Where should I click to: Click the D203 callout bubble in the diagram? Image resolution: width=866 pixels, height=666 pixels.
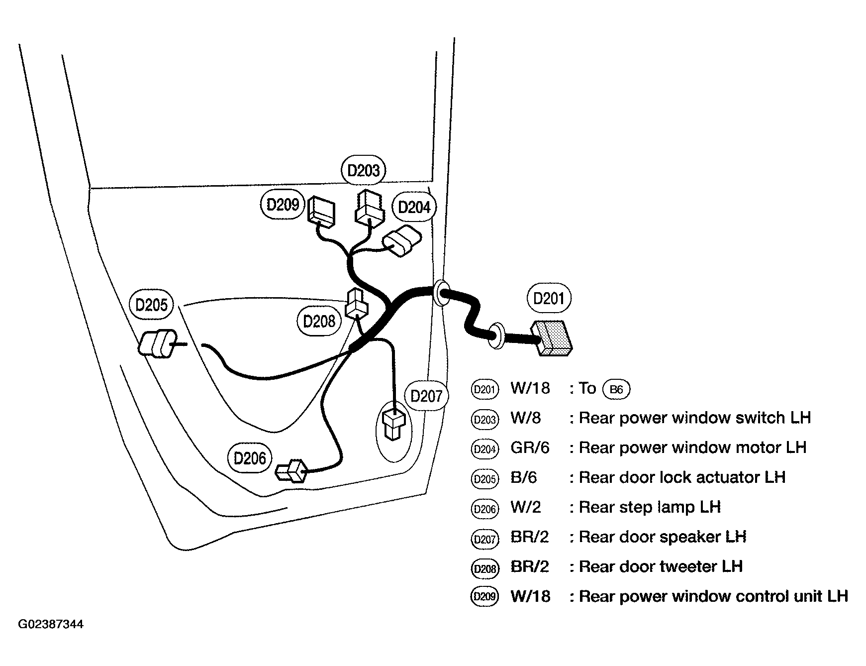pos(364,171)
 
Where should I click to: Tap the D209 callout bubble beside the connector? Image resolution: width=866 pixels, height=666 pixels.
pos(283,205)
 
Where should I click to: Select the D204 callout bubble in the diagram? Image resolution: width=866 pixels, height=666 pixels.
pos(414,207)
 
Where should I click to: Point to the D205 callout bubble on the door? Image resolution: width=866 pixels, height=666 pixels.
pos(151,305)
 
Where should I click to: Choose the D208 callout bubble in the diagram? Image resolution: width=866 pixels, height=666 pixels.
pos(319,321)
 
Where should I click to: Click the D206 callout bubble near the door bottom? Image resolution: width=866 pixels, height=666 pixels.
pos(250,458)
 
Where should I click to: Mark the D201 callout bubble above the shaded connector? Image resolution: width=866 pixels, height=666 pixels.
pos(549,298)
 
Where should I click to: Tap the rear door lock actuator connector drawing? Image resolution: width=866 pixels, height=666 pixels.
pos(157,343)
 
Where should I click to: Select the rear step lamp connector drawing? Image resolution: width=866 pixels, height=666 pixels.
pos(292,470)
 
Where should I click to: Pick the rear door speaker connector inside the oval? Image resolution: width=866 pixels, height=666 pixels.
pos(394,425)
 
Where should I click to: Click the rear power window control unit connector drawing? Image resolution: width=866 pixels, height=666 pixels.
pos(321,210)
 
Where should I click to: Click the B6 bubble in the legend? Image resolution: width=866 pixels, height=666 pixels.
pos(616,389)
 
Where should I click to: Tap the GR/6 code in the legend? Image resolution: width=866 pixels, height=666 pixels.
pos(530,448)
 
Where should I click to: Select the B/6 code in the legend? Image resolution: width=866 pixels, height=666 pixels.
pos(524,478)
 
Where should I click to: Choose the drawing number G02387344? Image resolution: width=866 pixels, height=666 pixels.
pos(51,624)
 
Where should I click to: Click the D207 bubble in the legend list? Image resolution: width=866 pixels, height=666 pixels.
pos(484,539)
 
